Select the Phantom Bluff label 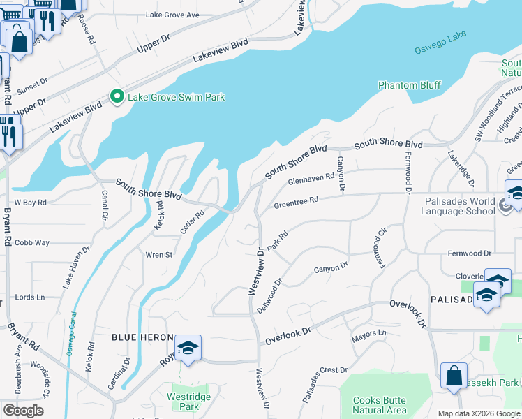coord(409,85)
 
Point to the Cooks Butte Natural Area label coord(379,405)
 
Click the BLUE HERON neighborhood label coord(142,337)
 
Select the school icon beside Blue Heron coord(188,348)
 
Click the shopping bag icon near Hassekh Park coord(454,375)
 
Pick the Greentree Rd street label coord(296,203)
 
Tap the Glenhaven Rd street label coord(311,179)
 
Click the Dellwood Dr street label coord(269,297)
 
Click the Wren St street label coord(158,255)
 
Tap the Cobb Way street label coord(31,242)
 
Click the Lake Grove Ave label coord(172,15)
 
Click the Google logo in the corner coord(23,411)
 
